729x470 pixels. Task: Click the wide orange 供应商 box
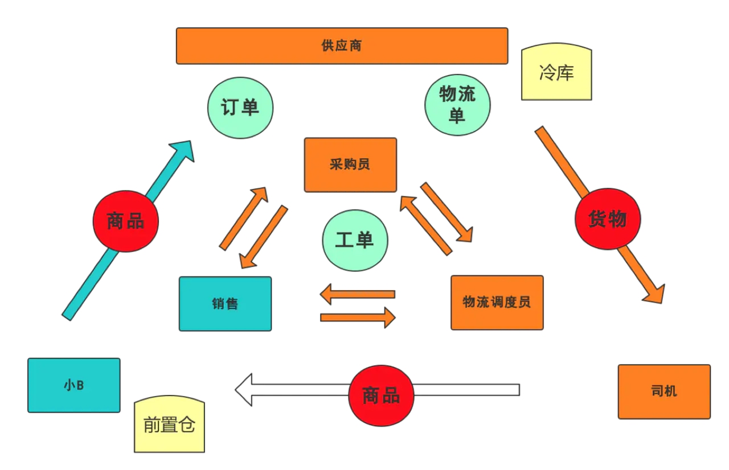click(342, 46)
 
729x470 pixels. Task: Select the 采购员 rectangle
click(350, 165)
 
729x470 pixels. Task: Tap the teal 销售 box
click(225, 304)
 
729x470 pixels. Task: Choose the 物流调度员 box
click(497, 303)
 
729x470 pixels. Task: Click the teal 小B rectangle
click(74, 385)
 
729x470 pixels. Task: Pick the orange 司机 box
click(664, 391)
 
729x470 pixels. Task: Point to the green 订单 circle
click(240, 108)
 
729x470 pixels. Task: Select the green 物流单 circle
click(457, 105)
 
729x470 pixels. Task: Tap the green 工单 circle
click(355, 241)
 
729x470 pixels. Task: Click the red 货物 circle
click(608, 218)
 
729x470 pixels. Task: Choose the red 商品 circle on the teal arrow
click(126, 221)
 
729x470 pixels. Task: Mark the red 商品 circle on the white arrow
click(381, 395)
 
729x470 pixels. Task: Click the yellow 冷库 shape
click(556, 72)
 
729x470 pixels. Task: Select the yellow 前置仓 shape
click(169, 424)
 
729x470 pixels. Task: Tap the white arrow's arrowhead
click(243, 390)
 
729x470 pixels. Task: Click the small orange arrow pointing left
click(357, 294)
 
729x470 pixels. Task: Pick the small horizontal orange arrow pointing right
click(358, 318)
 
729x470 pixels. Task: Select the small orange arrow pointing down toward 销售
click(264, 237)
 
